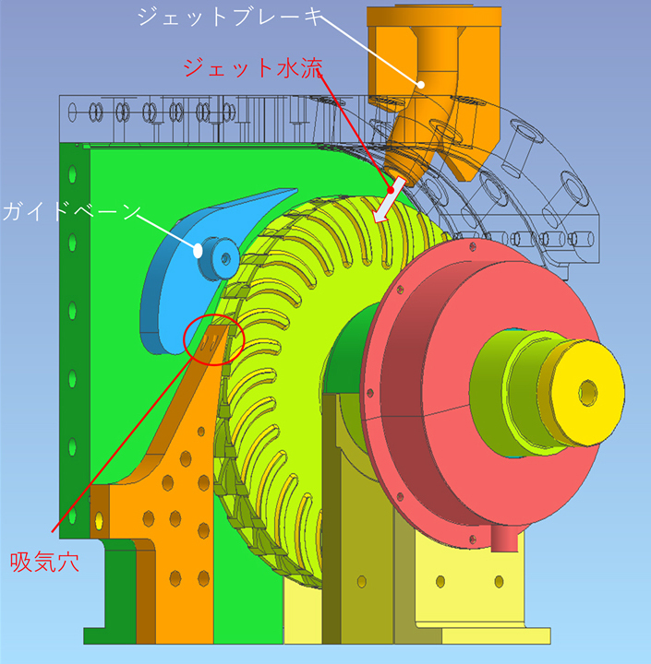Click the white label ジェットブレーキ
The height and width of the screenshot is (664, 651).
coord(228,17)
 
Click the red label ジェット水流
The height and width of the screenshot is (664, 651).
coord(253,67)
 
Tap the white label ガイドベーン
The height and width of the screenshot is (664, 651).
coord(71,211)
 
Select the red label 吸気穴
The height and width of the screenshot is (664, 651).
coord(44,563)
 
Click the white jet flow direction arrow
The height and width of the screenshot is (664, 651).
coord(390,200)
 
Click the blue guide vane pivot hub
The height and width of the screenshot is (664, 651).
coord(219,258)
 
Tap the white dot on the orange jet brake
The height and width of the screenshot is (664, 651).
coord(420,84)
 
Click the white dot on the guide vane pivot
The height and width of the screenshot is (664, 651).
coord(198,251)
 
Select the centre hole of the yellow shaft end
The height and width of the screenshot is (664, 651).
coord(588,393)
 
